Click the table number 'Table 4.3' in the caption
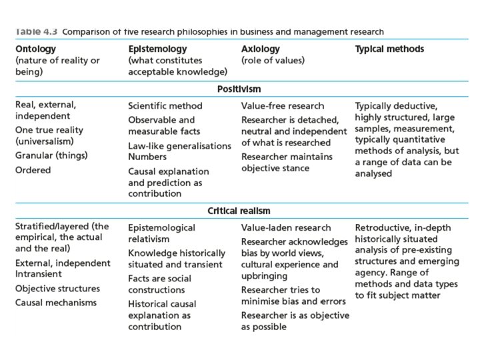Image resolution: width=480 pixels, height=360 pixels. (x=33, y=31)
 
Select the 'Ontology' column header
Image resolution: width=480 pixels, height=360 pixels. (x=35, y=49)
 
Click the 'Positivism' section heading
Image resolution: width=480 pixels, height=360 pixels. (x=239, y=88)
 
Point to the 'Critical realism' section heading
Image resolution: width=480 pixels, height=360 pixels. (x=239, y=211)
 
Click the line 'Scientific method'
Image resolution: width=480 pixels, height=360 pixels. (x=165, y=106)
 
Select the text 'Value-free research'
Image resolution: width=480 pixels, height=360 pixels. (x=283, y=106)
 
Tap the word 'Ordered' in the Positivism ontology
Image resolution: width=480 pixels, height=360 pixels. (x=33, y=170)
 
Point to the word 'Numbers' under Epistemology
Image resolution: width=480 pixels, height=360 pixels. (x=147, y=157)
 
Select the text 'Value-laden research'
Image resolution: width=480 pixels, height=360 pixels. (x=285, y=228)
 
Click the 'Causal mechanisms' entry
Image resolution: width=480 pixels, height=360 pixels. (x=55, y=303)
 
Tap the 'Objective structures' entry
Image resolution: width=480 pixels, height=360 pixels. (x=57, y=289)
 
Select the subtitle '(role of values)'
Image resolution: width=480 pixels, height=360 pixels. (x=273, y=61)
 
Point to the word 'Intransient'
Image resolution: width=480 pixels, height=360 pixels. (x=38, y=274)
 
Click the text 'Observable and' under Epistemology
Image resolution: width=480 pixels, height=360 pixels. (x=161, y=120)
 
